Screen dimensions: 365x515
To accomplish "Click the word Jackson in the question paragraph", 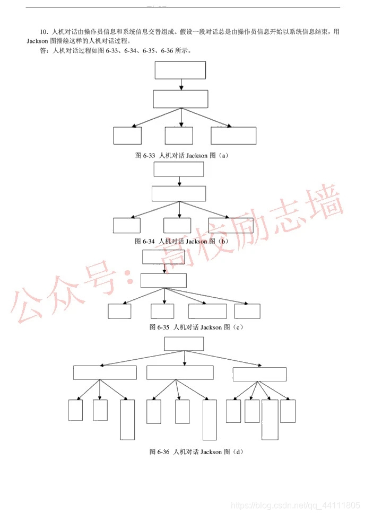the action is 38,41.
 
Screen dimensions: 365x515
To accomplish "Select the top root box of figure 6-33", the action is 180,70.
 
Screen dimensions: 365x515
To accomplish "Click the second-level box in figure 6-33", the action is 180,99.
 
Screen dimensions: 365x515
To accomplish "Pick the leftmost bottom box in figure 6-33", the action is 127,136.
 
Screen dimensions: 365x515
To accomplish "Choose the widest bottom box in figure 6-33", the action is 233,136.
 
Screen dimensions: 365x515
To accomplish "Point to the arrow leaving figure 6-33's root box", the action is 181,84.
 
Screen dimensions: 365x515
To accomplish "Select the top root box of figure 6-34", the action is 179,170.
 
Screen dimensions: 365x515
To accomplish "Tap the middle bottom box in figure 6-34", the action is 177,225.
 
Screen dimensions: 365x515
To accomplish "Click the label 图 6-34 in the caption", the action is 145,242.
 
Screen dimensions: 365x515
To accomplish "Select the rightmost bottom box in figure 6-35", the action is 247,311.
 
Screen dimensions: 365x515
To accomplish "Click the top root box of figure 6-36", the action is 184,344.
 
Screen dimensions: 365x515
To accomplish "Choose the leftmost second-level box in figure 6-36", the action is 105,372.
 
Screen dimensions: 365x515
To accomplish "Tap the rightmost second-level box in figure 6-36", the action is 259,374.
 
